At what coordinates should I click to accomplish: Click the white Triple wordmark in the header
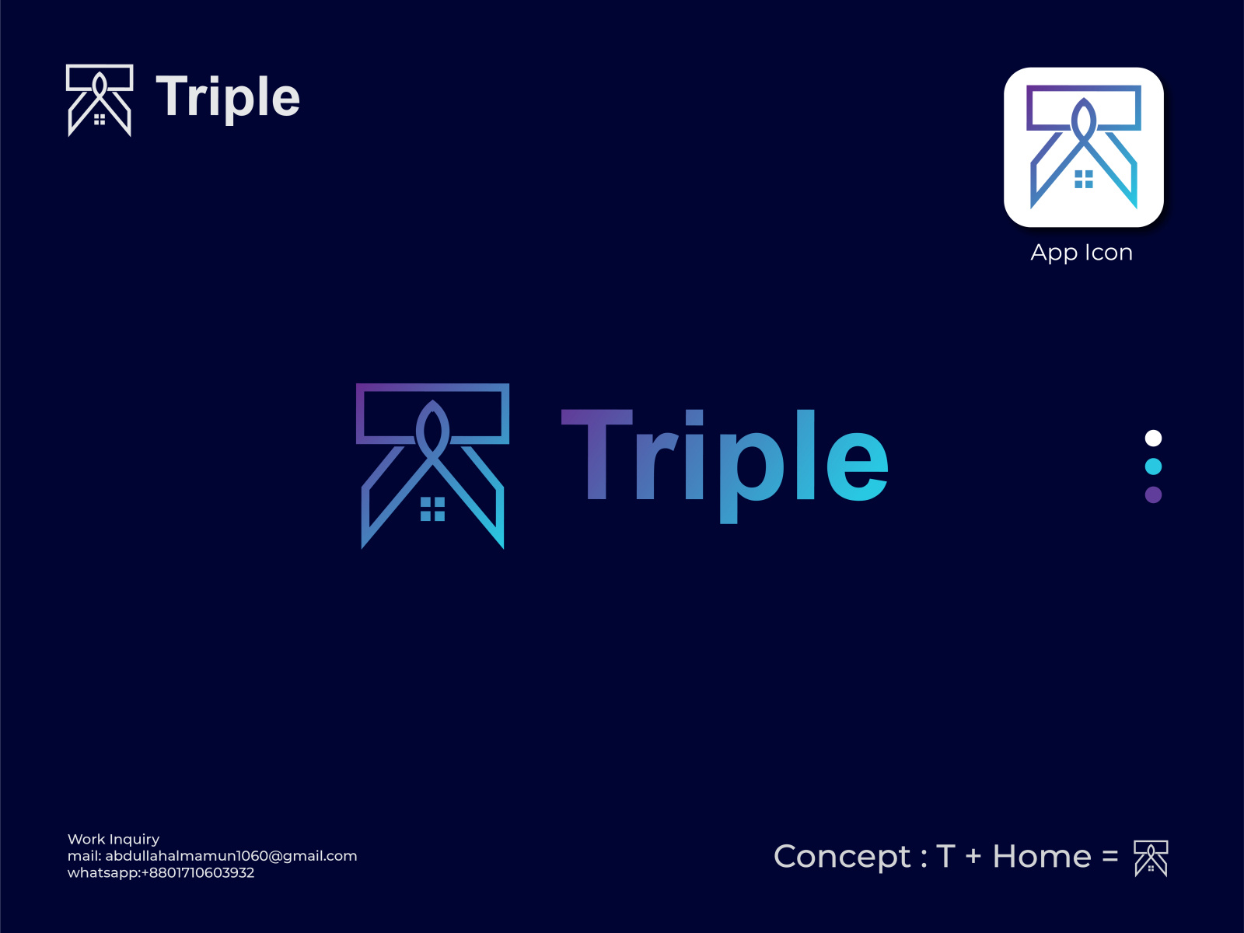(x=228, y=97)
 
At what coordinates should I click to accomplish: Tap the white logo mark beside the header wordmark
(x=100, y=100)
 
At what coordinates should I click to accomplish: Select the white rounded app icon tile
(x=1083, y=147)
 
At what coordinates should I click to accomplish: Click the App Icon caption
(x=1082, y=253)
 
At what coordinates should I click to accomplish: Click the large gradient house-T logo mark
(x=432, y=465)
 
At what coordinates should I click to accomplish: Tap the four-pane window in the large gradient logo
(x=432, y=509)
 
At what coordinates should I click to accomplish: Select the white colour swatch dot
(x=1153, y=439)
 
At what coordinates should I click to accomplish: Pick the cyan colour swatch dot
(x=1153, y=466)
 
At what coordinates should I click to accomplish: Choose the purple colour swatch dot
(x=1153, y=494)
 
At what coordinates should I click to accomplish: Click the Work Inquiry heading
(x=114, y=839)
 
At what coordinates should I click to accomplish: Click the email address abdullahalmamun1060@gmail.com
(x=231, y=856)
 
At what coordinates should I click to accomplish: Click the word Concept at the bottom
(x=842, y=857)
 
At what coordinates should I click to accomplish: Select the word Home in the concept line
(x=1042, y=857)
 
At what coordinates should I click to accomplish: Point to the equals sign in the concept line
(x=1110, y=858)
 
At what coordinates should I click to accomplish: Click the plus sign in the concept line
(x=973, y=858)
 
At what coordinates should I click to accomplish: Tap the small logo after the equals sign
(x=1151, y=858)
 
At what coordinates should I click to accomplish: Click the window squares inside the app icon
(x=1084, y=180)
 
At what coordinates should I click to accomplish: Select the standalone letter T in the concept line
(x=945, y=857)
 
